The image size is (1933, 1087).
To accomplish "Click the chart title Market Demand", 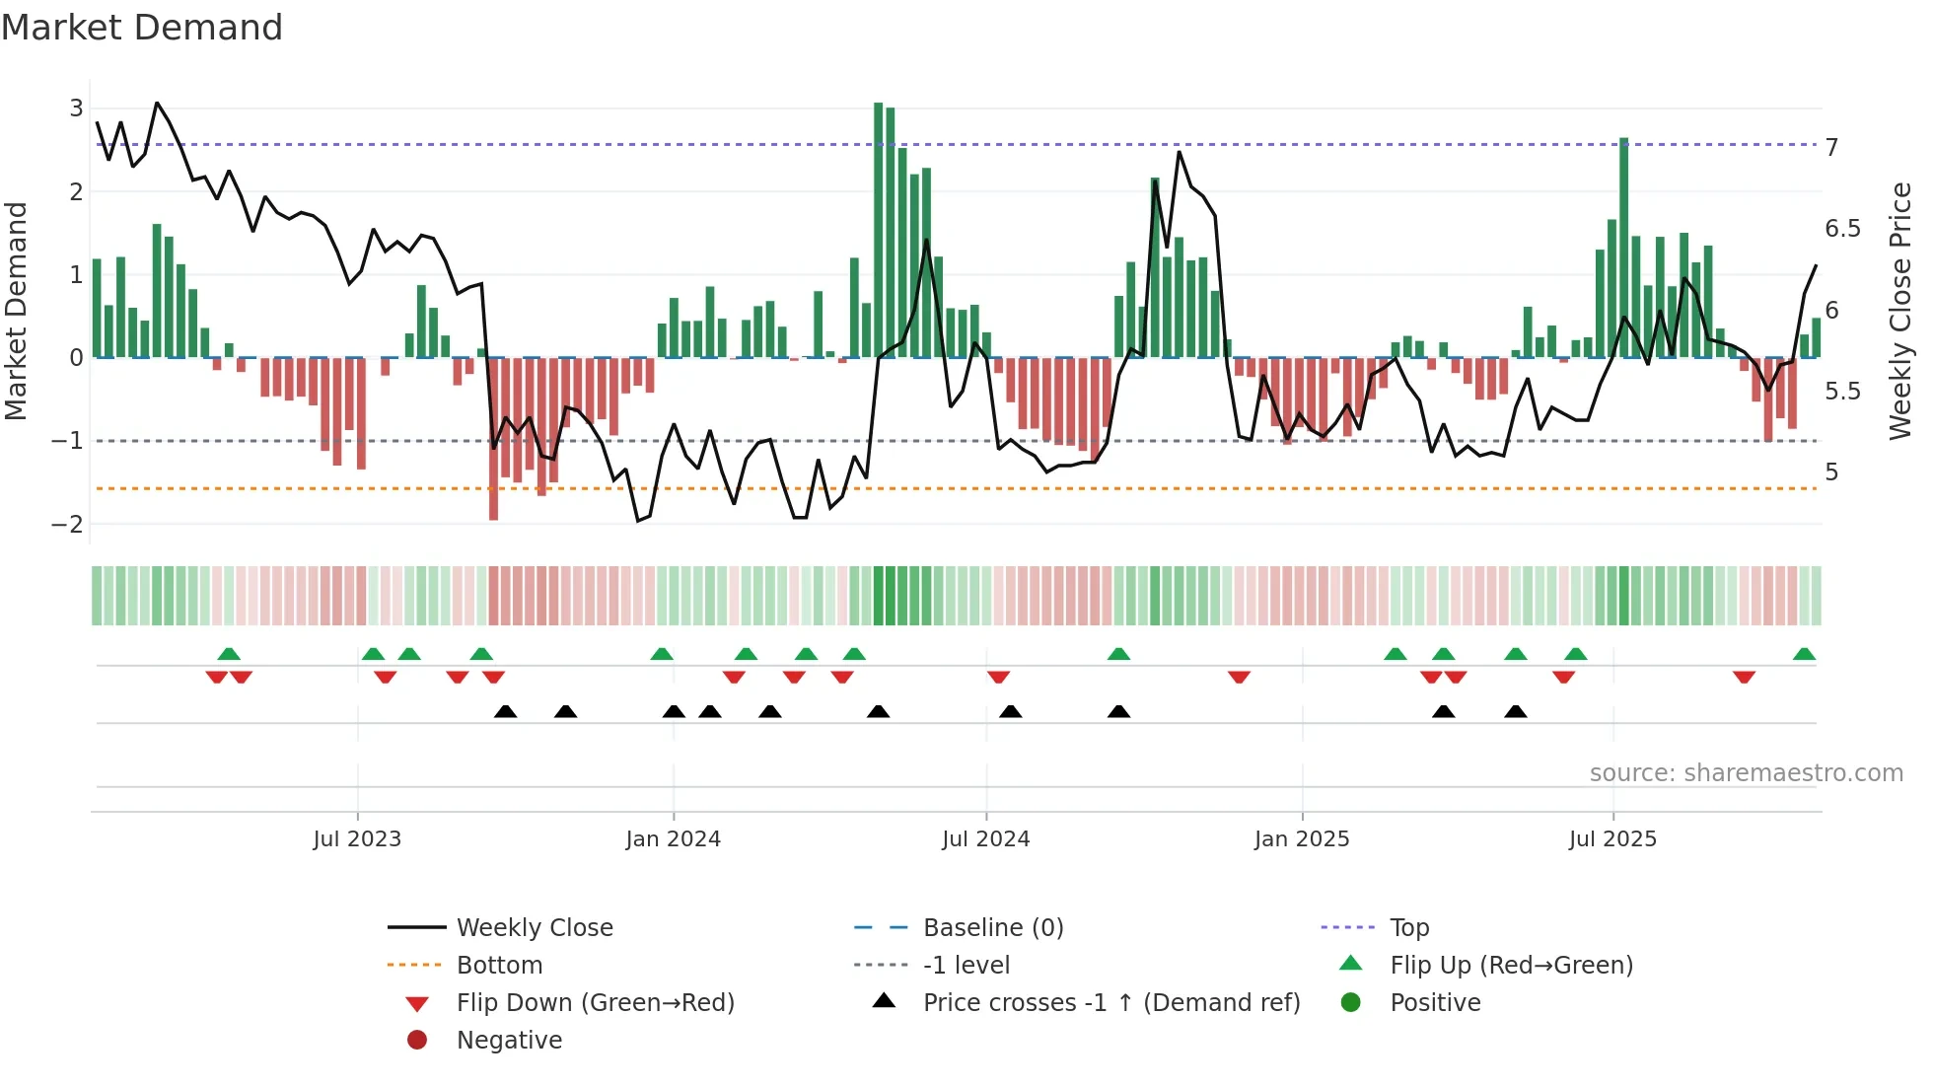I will [x=142, y=28].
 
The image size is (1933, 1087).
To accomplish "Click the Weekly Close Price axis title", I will [x=1900, y=311].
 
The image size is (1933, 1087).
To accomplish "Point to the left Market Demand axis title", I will [x=16, y=311].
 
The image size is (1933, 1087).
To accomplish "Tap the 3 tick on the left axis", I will [x=76, y=109].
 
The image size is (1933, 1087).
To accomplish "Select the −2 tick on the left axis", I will [x=68, y=525].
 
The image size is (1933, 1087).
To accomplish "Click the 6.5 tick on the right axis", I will [x=1842, y=229].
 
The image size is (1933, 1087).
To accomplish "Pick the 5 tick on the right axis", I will [x=1831, y=472].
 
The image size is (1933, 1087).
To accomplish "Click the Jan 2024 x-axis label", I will [x=673, y=839].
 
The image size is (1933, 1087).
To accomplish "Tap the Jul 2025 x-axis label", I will [x=1612, y=839].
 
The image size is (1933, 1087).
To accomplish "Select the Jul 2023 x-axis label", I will [x=357, y=839].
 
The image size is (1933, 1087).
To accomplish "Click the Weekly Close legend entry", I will [x=534, y=928].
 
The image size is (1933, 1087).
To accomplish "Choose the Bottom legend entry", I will [x=499, y=966].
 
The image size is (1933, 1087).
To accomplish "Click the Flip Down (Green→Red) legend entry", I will [x=595, y=1003].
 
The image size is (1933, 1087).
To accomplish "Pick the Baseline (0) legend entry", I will [x=992, y=928].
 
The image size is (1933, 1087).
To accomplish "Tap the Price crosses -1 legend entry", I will [x=1110, y=1003].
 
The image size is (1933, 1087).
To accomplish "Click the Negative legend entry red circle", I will [x=417, y=1041].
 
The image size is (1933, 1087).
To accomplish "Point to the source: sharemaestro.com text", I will [x=1746, y=773].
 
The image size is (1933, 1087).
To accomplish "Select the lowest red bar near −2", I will [x=493, y=439].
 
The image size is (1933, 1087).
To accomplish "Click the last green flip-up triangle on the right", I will [x=1804, y=654].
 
